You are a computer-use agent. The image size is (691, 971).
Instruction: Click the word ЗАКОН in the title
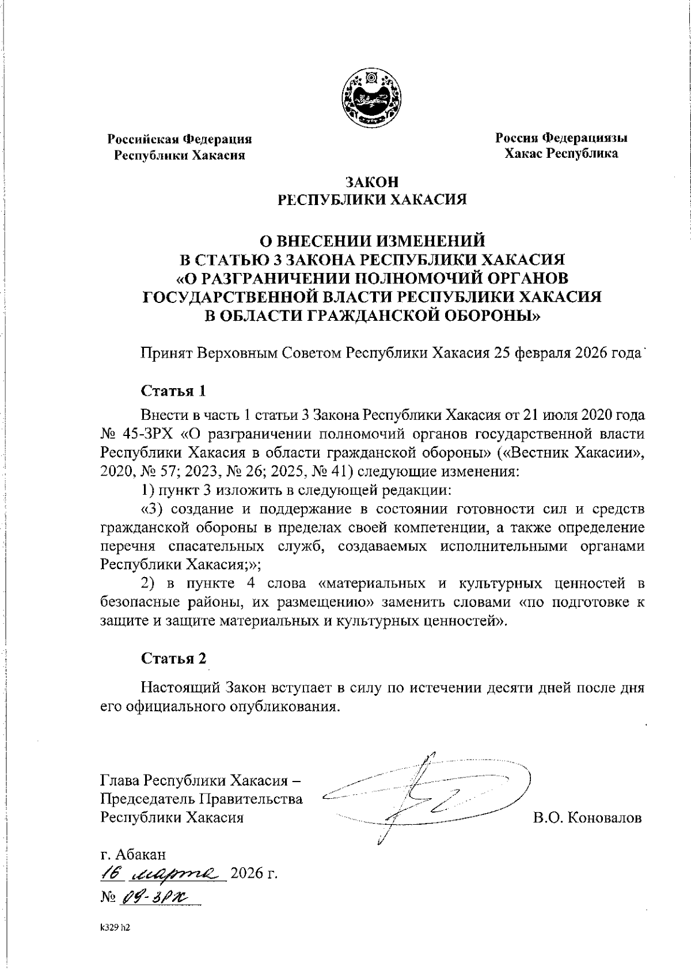372,182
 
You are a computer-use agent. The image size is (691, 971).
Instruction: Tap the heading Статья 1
173,390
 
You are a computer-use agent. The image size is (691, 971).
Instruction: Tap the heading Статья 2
173,658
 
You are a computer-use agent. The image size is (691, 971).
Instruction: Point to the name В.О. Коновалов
587,817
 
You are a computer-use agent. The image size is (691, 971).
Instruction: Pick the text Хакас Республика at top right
561,153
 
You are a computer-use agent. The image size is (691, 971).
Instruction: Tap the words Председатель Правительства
201,799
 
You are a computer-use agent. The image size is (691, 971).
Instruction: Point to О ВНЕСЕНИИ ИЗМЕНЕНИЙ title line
371,240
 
